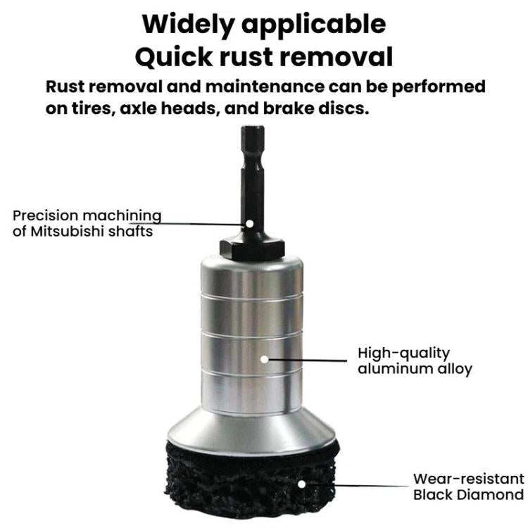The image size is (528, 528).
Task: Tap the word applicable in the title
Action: (320, 24)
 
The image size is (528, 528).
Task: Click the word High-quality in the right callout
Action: (403, 353)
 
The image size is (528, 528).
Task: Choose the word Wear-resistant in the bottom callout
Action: (468, 479)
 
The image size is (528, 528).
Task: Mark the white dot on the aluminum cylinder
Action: (264, 358)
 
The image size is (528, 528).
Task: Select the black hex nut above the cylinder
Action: (251, 246)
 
